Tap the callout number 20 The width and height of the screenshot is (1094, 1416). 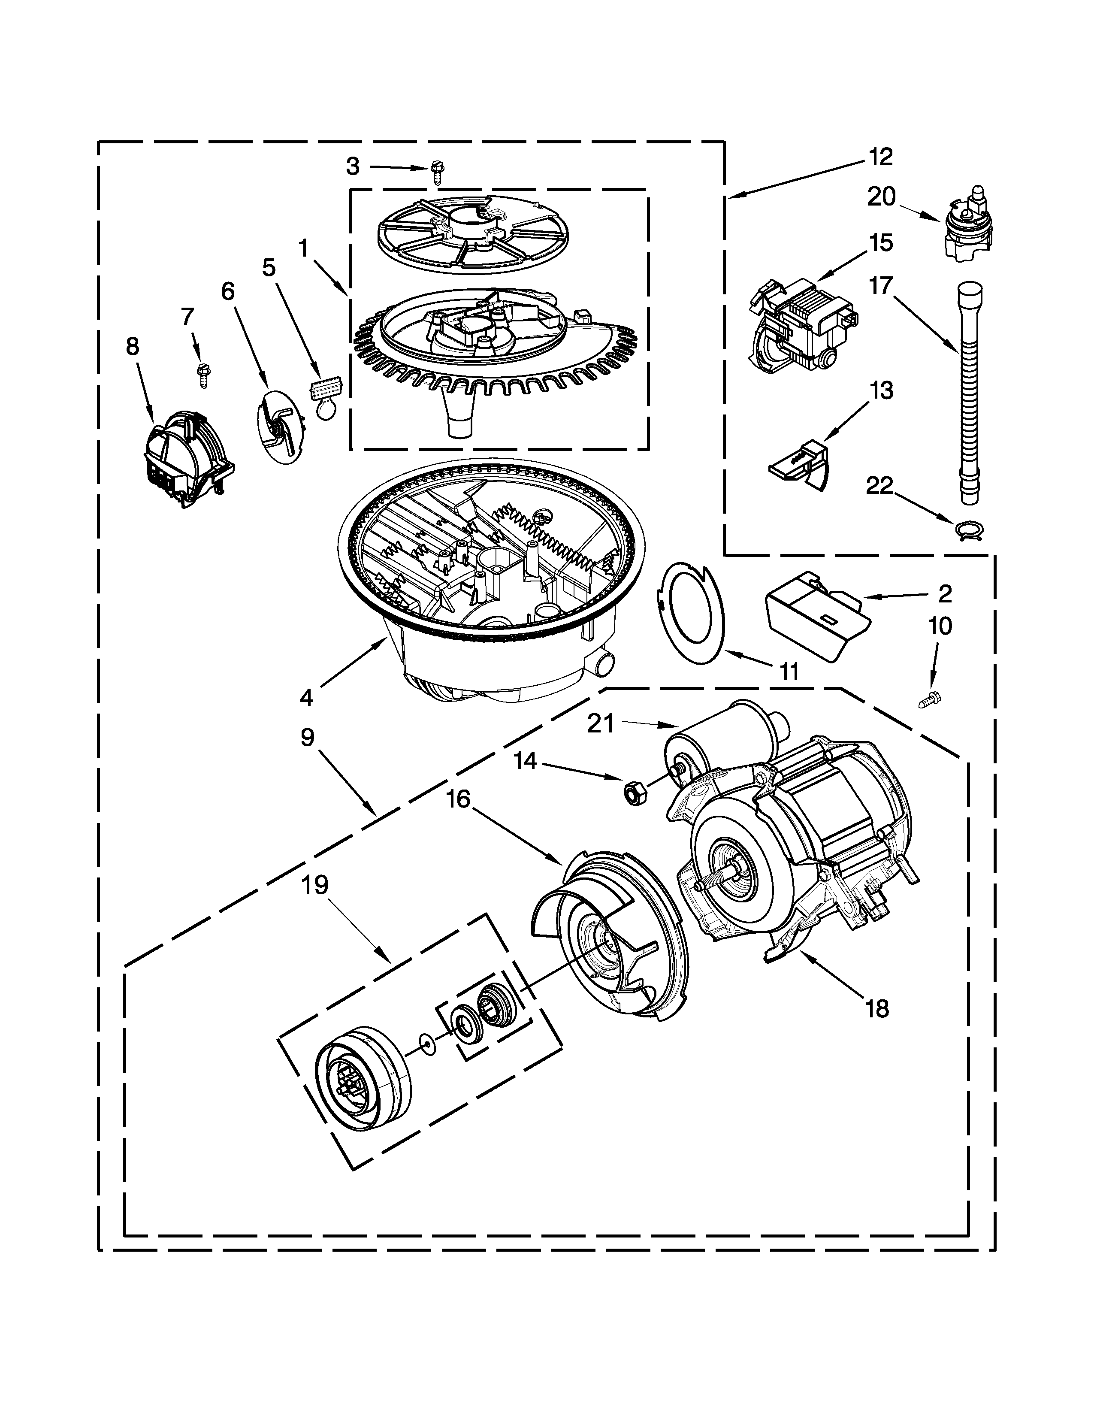(882, 197)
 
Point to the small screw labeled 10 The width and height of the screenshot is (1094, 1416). (931, 699)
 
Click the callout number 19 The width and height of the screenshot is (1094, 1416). (314, 885)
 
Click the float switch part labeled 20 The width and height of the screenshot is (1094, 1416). (967, 224)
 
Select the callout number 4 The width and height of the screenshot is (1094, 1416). (306, 698)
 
